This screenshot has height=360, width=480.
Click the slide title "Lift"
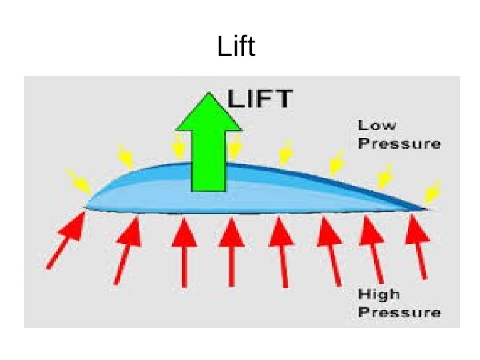pos(237,47)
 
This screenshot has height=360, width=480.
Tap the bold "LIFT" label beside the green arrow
pos(260,99)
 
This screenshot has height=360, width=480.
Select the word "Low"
pos(377,125)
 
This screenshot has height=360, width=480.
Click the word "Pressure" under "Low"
pos(399,143)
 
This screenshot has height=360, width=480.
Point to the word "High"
pos(379,294)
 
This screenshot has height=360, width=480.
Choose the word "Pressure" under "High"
pos(399,312)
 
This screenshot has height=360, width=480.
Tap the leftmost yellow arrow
pos(79,181)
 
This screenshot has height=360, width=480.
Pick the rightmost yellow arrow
pos(433,193)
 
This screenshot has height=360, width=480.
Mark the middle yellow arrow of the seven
pos(286,153)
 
